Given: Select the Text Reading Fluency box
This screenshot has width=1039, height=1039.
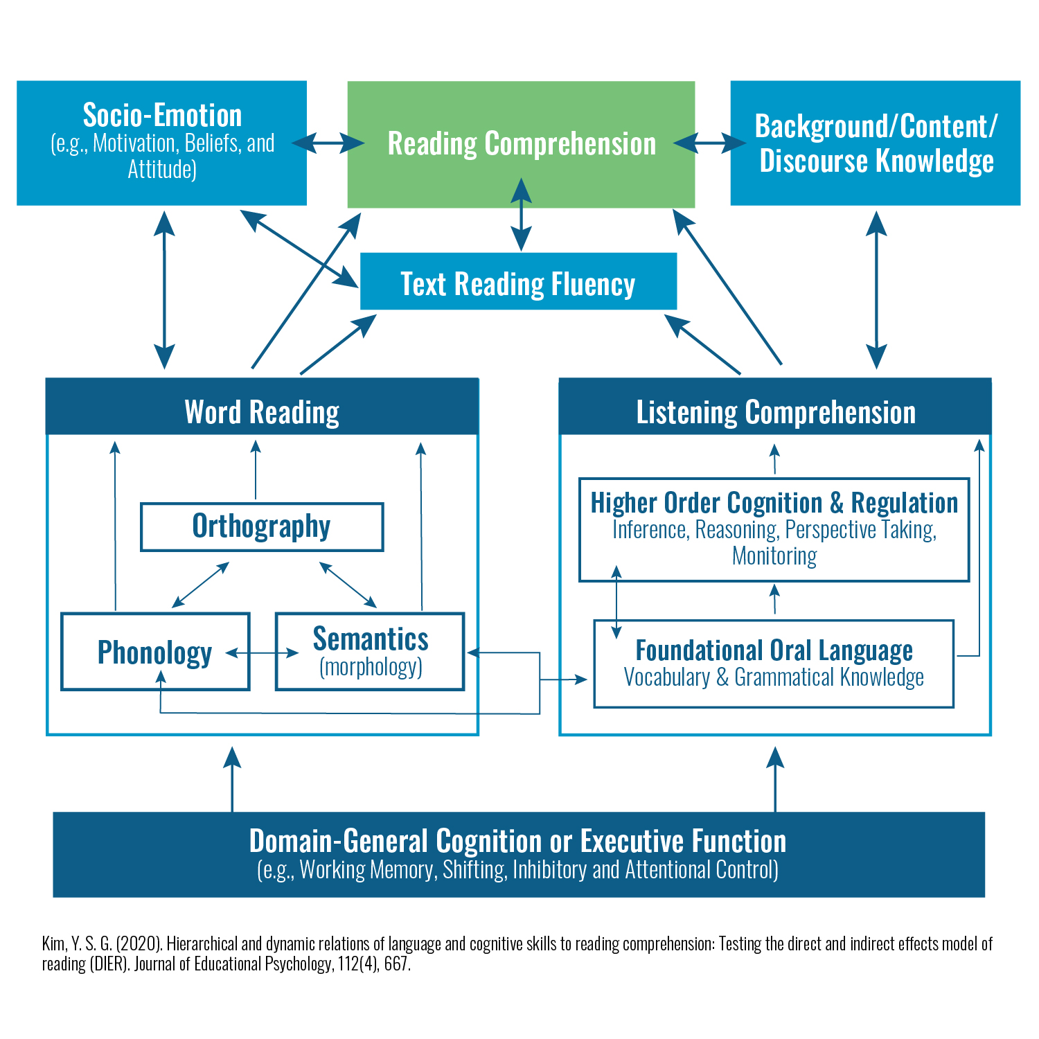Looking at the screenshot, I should click(x=518, y=282).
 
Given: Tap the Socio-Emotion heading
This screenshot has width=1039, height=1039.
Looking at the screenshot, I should click(x=162, y=115).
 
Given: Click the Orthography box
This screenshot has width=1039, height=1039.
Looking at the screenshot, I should click(x=262, y=526).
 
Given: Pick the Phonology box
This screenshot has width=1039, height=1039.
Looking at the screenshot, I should click(x=155, y=652).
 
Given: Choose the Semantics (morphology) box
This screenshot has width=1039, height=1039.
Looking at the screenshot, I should click(x=370, y=652).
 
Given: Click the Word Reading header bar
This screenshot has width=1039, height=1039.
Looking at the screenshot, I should click(x=262, y=411).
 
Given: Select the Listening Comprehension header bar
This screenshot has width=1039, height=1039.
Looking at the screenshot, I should click(x=775, y=411).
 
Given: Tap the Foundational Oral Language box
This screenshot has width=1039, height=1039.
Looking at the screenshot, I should click(x=774, y=664).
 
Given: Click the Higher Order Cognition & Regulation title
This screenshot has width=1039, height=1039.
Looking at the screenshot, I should click(x=774, y=503).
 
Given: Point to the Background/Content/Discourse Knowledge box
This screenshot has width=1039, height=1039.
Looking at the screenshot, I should click(x=876, y=143).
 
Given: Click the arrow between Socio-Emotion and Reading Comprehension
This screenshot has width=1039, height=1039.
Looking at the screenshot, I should click(x=328, y=143).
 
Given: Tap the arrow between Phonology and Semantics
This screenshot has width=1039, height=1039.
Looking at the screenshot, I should click(x=263, y=652).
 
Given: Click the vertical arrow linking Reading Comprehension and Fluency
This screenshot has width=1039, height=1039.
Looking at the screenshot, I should click(x=521, y=215).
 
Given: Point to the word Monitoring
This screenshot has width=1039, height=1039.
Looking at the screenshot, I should click(x=774, y=556).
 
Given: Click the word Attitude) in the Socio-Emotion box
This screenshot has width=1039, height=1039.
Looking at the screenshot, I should click(x=162, y=170).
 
